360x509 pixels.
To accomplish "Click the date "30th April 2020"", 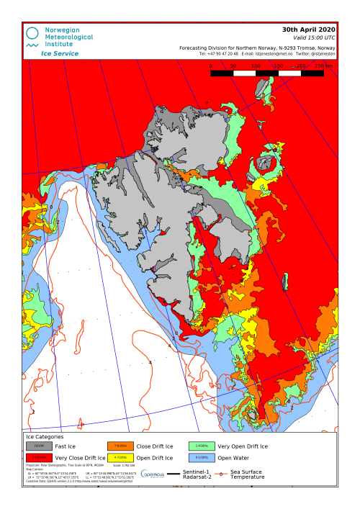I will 308,30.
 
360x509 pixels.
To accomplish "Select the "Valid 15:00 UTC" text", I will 314,37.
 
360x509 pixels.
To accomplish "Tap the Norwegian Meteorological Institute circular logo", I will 32,33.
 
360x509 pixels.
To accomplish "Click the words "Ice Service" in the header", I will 60,53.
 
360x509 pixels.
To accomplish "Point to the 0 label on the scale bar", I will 210,66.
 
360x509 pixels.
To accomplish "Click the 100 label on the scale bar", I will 256,66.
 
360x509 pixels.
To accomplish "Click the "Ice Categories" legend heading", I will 45,436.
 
